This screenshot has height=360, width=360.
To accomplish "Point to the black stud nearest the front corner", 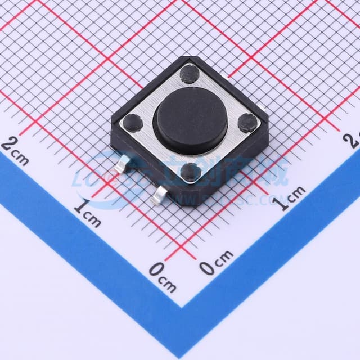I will click(x=191, y=172).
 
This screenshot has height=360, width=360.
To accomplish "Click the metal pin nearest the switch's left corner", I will click(x=121, y=166).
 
